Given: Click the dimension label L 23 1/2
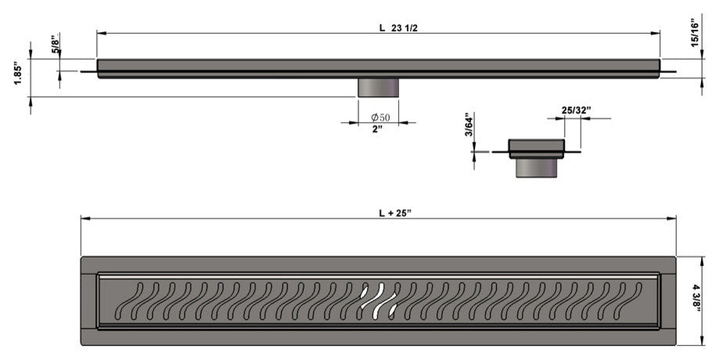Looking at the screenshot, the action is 398,28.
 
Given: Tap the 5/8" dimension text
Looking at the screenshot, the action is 56,44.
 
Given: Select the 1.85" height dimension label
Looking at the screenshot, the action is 18,74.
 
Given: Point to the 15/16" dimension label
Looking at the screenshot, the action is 696,33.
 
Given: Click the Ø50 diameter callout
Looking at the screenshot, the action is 380,117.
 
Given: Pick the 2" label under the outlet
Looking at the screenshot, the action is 377,129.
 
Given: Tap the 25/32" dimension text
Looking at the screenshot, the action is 577,110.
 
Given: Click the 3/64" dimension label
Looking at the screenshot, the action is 468,124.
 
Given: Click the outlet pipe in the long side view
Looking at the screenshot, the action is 379,88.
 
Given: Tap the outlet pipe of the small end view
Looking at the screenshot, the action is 537,167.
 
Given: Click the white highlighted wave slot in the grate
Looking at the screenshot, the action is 379,301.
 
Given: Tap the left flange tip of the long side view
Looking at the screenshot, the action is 81,71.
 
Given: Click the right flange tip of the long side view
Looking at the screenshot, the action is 675,71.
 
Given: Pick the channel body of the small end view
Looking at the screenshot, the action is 537,149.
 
